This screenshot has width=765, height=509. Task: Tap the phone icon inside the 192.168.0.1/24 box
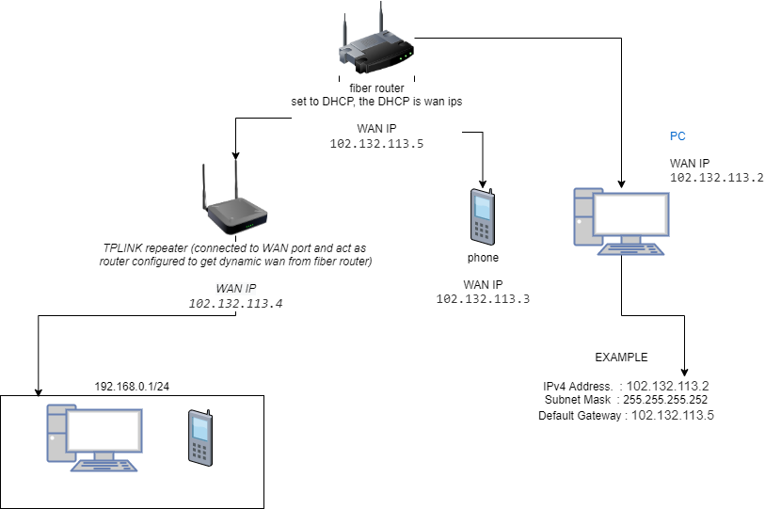click(x=200, y=437)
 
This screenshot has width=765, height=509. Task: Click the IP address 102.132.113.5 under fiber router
click(x=377, y=145)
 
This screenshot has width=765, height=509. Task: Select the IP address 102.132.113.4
click(x=234, y=303)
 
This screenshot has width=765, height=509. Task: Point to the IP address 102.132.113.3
click(x=483, y=298)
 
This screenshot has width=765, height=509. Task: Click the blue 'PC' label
click(x=677, y=136)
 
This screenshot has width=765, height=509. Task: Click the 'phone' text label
click(x=483, y=257)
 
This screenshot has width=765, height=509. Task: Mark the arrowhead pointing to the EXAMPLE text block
click(x=684, y=373)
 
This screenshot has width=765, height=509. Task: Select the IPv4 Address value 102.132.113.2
click(x=667, y=386)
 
